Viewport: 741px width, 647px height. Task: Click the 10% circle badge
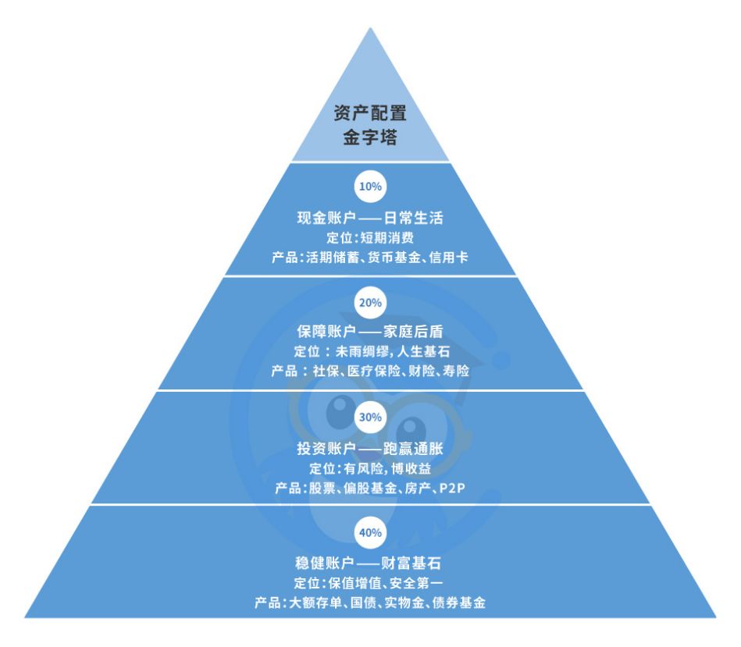[x=370, y=187]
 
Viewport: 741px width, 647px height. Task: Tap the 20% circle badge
[x=370, y=303]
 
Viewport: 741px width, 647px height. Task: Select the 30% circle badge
[x=370, y=417]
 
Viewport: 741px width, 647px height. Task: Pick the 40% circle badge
[x=370, y=533]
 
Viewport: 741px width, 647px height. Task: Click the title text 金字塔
[x=370, y=137]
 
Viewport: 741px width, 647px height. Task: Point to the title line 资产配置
[x=370, y=113]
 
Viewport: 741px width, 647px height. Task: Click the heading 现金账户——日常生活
[x=370, y=219]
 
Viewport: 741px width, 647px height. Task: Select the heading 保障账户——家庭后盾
[x=370, y=332]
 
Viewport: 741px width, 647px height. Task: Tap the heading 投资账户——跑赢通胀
[x=370, y=448]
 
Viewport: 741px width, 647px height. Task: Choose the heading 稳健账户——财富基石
[x=368, y=563]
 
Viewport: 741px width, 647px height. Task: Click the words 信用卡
[x=448, y=258]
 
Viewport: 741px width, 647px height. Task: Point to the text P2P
[x=452, y=488]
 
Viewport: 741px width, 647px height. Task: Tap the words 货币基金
[x=394, y=258]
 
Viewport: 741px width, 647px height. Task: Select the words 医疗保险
[x=374, y=371]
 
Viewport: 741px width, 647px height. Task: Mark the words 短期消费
[x=387, y=237]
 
